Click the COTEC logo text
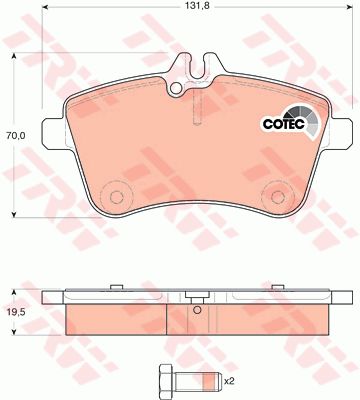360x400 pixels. coord(284,124)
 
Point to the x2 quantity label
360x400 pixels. coord(230,381)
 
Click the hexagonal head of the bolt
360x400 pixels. coord(167,379)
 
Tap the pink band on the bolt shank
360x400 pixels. coord(208,379)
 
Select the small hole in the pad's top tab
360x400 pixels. coord(175,88)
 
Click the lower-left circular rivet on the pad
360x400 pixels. coord(116,197)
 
